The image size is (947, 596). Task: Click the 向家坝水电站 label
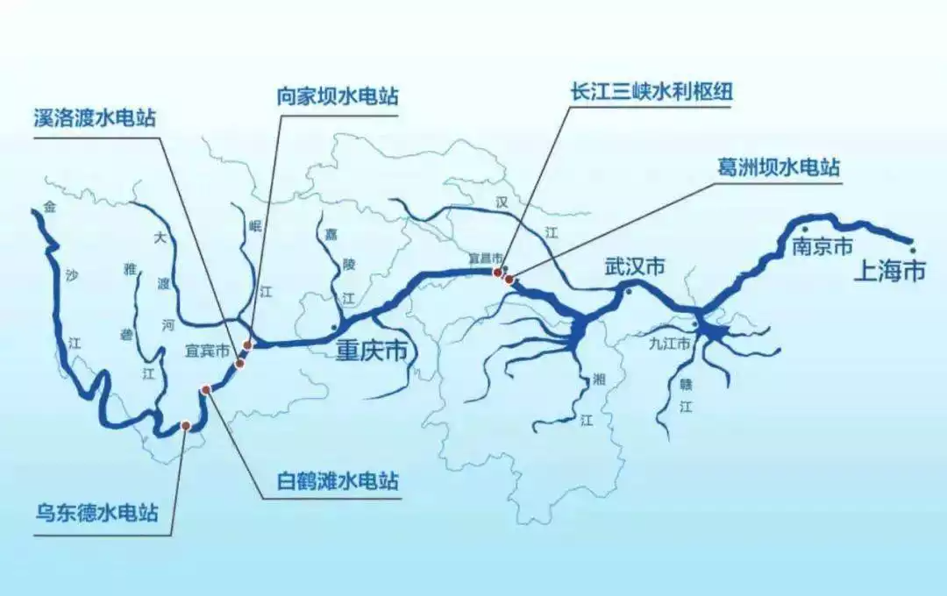pos(337,96)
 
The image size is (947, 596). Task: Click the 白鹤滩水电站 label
pos(338,481)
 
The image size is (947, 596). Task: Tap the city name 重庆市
pos(373,351)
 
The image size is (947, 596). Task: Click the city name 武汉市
pos(634,267)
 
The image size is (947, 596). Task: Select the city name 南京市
pos(822,247)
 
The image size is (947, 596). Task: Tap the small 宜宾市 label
pos(207,351)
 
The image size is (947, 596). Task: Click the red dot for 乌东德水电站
pos(186,425)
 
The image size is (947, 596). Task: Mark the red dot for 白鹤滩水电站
pos(206,389)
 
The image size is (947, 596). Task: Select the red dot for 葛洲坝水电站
pos(509,280)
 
